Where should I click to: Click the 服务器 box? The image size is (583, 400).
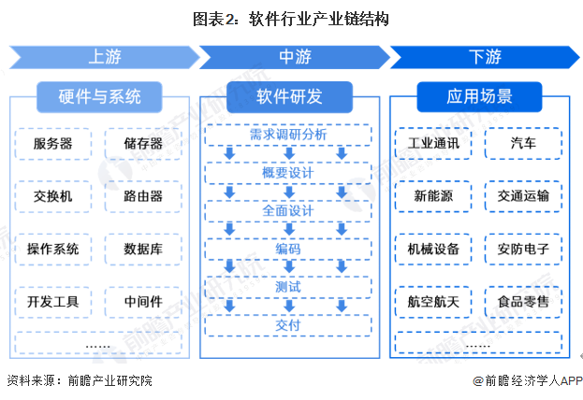53,144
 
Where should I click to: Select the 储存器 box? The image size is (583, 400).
143,144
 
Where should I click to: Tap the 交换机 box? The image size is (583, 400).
53,196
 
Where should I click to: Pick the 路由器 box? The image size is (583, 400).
143,196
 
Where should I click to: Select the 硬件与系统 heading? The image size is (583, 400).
99,96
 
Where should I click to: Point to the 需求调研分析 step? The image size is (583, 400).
288,135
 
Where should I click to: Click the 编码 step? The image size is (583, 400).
288,250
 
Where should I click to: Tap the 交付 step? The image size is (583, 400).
288,325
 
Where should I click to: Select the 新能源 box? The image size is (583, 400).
433,196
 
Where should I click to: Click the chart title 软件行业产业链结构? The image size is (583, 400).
291,18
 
